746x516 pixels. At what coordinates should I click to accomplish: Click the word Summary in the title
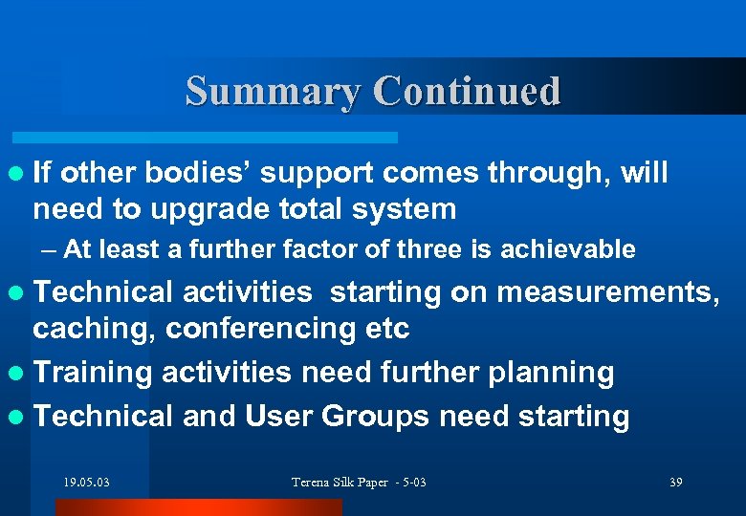click(273, 92)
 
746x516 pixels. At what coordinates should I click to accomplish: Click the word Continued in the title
click(467, 92)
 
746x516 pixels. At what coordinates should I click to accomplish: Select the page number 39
click(676, 483)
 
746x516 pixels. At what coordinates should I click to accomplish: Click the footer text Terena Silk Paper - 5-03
click(359, 483)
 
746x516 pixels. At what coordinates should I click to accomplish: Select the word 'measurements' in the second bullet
click(604, 291)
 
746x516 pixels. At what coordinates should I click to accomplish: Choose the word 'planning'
click(552, 373)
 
